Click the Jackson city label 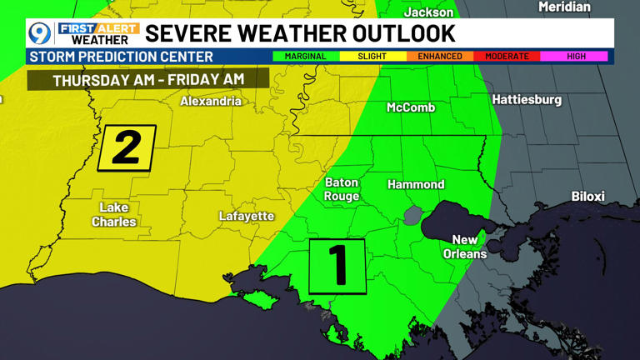click(428, 12)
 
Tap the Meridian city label click(564, 7)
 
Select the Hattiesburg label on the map click(527, 99)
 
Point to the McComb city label click(411, 107)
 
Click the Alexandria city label click(211, 102)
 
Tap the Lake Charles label click(114, 214)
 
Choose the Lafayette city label click(247, 216)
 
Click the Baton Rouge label click(342, 189)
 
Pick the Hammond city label click(416, 184)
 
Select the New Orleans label click(465, 247)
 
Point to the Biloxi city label click(587, 197)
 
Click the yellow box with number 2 click(127, 148)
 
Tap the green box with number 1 click(337, 266)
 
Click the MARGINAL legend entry click(305, 57)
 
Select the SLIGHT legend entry click(372, 57)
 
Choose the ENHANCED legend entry click(439, 57)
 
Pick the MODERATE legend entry click(507, 57)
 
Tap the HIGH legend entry click(575, 57)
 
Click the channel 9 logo click(39, 33)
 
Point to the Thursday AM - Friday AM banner click(148, 80)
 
